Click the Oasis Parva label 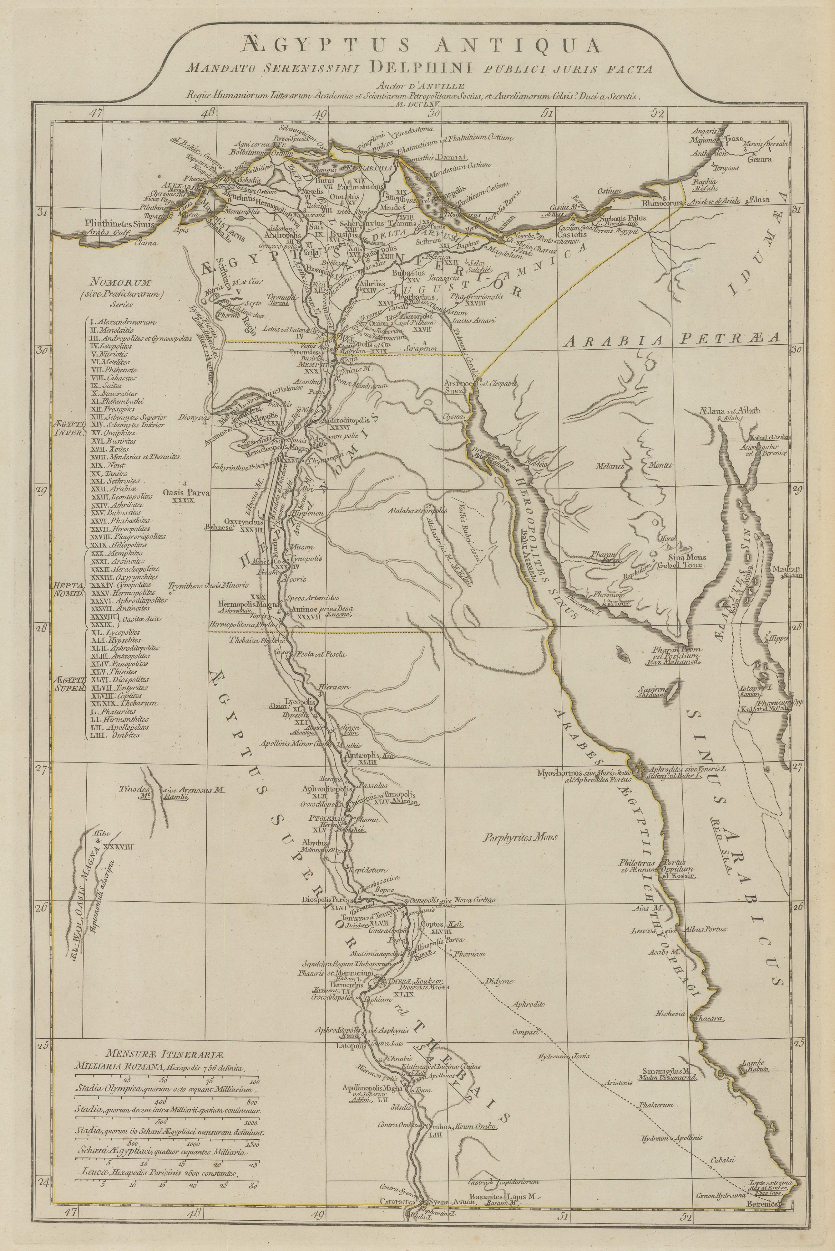coord(186,493)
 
